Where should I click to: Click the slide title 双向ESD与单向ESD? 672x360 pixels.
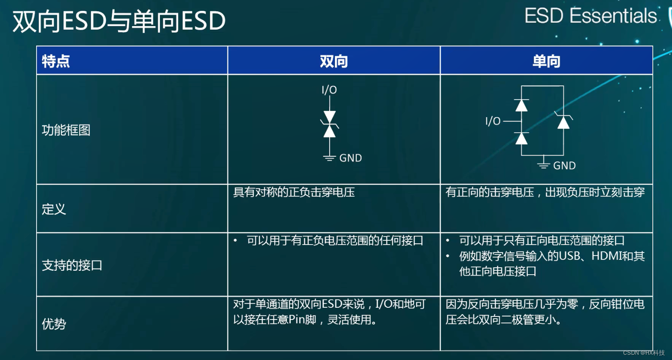click(x=119, y=21)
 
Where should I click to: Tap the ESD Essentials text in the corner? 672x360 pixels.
click(x=590, y=16)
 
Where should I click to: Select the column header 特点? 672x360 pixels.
click(x=56, y=61)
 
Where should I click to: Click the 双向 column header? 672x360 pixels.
click(x=334, y=61)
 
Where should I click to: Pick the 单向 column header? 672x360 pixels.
click(x=546, y=61)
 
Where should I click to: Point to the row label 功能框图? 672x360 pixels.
click(x=66, y=130)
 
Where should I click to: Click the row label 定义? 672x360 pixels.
click(x=54, y=209)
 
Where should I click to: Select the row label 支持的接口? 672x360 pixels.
click(x=72, y=265)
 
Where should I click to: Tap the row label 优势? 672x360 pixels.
click(x=54, y=323)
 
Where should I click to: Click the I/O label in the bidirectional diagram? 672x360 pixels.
click(x=329, y=90)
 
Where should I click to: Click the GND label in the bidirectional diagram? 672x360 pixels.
click(x=351, y=158)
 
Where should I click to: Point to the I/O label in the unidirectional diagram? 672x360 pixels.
click(x=493, y=121)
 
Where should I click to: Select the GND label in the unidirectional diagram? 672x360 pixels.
click(x=564, y=166)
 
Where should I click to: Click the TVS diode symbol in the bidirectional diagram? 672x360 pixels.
click(x=330, y=124)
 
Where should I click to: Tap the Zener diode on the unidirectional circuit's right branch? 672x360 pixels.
click(x=564, y=121)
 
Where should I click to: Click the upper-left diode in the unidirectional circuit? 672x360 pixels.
click(x=521, y=105)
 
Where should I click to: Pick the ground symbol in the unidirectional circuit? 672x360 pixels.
click(x=543, y=164)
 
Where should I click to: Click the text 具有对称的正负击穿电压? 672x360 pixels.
click(x=294, y=192)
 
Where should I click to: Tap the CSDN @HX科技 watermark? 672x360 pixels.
click(x=644, y=353)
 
